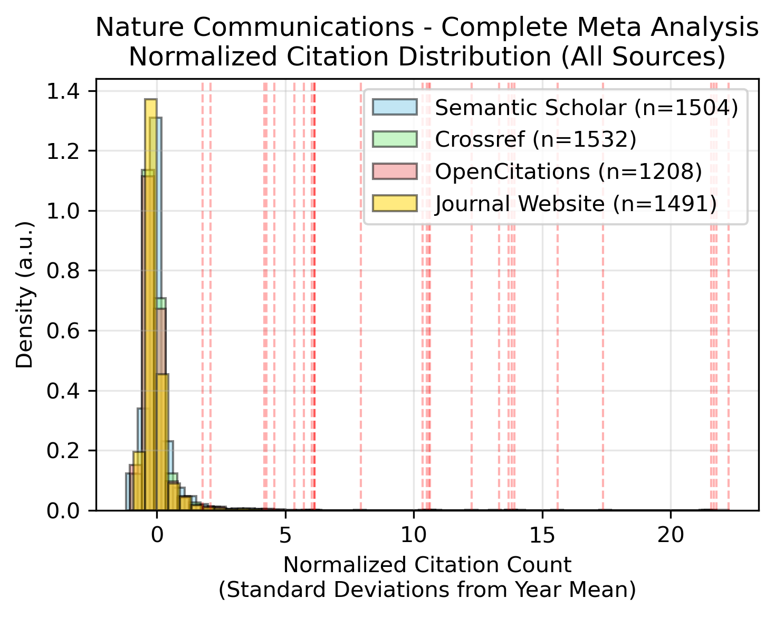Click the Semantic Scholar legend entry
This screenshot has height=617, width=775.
coord(586,108)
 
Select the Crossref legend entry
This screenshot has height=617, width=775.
coord(535,139)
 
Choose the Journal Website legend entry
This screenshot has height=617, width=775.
coord(576,203)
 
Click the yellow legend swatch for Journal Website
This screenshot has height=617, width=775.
coord(395,203)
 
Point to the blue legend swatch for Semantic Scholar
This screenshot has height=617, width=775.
coord(395,108)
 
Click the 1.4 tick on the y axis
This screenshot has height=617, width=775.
coord(61,92)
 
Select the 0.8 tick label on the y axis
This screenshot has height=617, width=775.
coord(61,271)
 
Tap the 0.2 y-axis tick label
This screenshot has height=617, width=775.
coord(61,451)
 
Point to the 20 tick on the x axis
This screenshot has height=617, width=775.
coord(671,536)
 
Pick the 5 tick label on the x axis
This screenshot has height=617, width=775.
coord(285,536)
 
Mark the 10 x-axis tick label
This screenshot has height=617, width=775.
coord(414,536)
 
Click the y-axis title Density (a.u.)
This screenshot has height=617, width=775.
coord(24,294)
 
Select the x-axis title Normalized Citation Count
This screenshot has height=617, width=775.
coord(427,565)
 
